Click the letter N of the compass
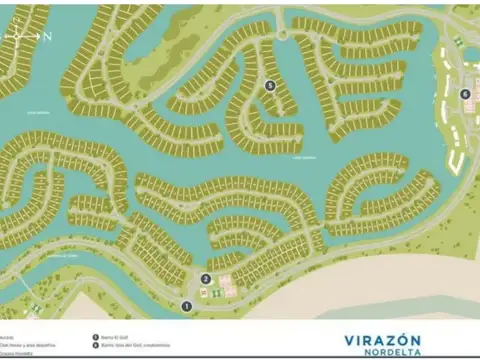pos(47,36)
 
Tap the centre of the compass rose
pos(18,36)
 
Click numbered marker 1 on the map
pos(185,305)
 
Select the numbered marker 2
pos(205,279)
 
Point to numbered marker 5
pos(270,85)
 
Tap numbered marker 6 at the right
pos(464,94)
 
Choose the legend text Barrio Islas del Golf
pos(136,346)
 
